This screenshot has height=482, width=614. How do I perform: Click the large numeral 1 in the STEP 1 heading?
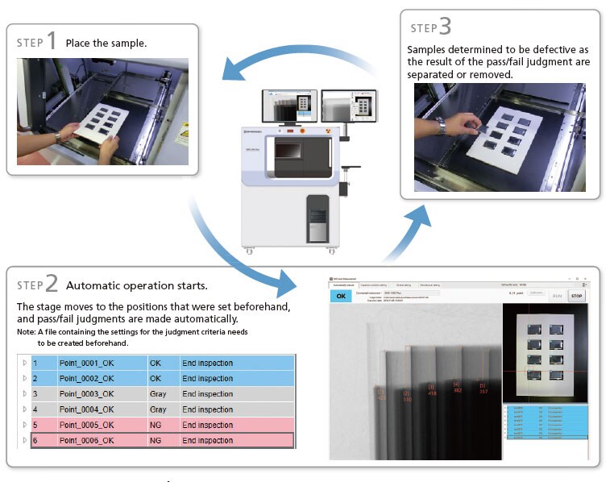coord(51,40)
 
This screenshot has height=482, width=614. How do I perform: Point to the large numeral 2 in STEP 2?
coord(51,283)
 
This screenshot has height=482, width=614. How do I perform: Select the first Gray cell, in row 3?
coord(158,394)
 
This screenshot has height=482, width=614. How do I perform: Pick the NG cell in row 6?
coord(156,441)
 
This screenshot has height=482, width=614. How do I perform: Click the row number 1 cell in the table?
coord(35,364)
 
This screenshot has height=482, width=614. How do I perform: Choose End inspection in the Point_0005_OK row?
coord(208,426)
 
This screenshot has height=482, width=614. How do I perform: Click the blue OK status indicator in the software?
coord(342,296)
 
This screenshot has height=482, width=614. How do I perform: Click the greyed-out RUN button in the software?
coord(557,296)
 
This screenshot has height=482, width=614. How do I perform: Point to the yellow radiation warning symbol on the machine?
coord(326,128)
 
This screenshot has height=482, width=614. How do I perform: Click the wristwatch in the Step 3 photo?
coord(442,127)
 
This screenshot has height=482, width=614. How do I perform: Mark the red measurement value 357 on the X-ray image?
coord(483,393)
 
